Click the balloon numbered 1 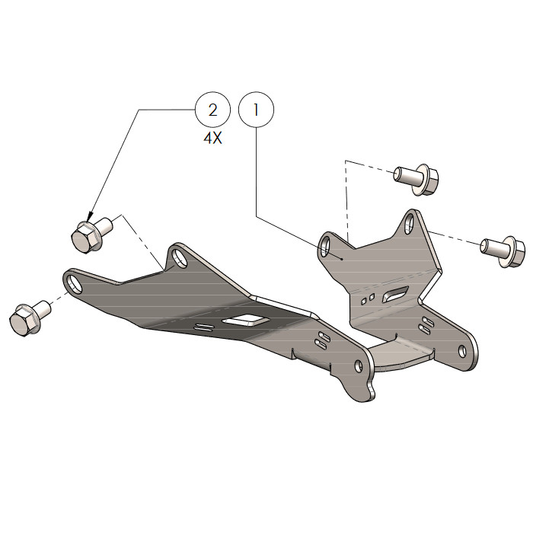[x=257, y=110]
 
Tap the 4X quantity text [x=212, y=140]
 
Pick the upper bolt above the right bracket [x=416, y=179]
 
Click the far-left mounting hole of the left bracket [x=75, y=283]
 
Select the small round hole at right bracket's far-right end [x=461, y=350]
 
